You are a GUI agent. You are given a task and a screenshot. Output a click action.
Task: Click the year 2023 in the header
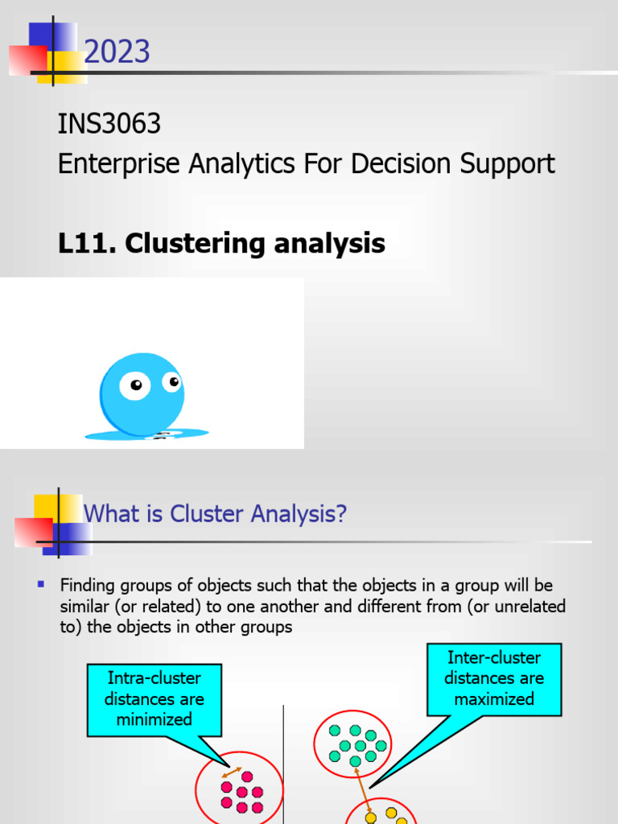[117, 53]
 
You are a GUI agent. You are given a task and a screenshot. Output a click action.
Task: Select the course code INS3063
[109, 125]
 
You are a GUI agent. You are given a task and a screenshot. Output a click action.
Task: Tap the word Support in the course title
[507, 164]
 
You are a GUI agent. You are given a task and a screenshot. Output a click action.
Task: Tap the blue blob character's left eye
[134, 386]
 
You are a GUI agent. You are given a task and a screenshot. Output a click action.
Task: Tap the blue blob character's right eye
[172, 381]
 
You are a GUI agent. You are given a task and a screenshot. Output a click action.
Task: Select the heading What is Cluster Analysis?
[216, 513]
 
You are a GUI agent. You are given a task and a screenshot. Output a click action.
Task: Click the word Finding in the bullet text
[89, 585]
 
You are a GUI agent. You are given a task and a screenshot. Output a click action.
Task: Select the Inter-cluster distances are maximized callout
[493, 678]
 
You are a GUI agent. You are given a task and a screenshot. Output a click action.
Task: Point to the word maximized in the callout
[493, 698]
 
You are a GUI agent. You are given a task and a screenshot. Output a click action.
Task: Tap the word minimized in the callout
[154, 719]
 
